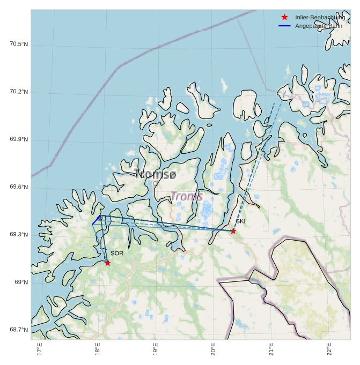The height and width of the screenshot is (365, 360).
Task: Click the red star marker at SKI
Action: click(233, 231)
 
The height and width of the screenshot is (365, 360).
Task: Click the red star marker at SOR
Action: click(108, 263)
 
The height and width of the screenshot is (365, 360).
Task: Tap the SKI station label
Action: click(240, 221)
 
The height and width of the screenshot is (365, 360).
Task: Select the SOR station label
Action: click(117, 253)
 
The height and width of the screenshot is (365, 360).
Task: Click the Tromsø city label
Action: click(155, 174)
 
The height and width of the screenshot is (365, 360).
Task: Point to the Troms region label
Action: click(187, 196)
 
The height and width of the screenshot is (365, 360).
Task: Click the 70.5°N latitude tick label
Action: click(19, 44)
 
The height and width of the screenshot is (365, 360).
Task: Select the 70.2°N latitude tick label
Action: click(19, 92)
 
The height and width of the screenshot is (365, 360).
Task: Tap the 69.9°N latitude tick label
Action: click(19, 139)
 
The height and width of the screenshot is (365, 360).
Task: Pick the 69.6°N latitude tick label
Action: click(19, 187)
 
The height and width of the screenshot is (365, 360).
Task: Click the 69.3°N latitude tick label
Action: click(19, 235)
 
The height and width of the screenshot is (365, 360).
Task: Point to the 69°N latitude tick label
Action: click(20, 282)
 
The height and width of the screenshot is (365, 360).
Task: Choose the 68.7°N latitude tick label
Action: click(19, 330)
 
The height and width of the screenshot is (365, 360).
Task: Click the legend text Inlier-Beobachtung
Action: click(320, 18)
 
